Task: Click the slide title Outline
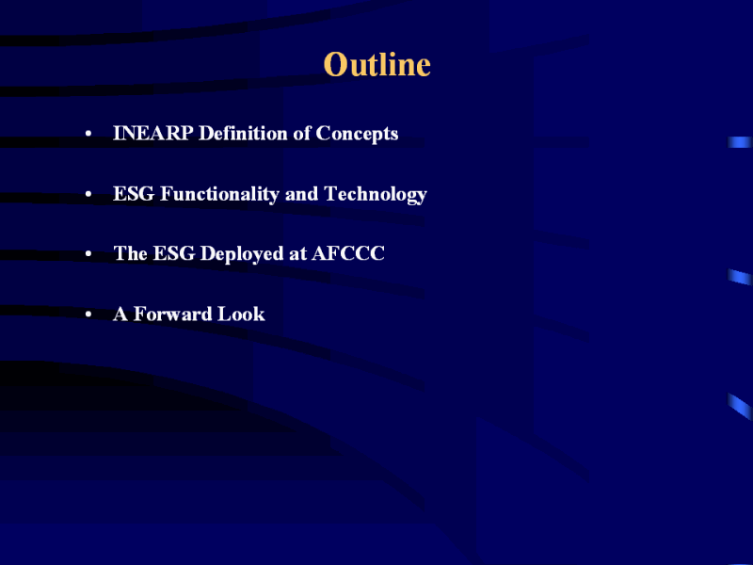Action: [x=377, y=64]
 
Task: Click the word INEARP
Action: [x=152, y=133]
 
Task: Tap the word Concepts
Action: [x=357, y=134]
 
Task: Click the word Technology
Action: [x=376, y=195]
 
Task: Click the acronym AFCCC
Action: [x=348, y=253]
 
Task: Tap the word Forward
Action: [x=173, y=314]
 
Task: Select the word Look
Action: [x=241, y=314]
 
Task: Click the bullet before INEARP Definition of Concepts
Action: [x=88, y=134]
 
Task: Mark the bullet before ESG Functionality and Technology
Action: [x=88, y=195]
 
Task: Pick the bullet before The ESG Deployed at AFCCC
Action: [x=88, y=254]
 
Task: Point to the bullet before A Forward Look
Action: [x=88, y=315]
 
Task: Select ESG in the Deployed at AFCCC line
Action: [x=174, y=253]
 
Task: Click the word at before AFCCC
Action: [x=297, y=254]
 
